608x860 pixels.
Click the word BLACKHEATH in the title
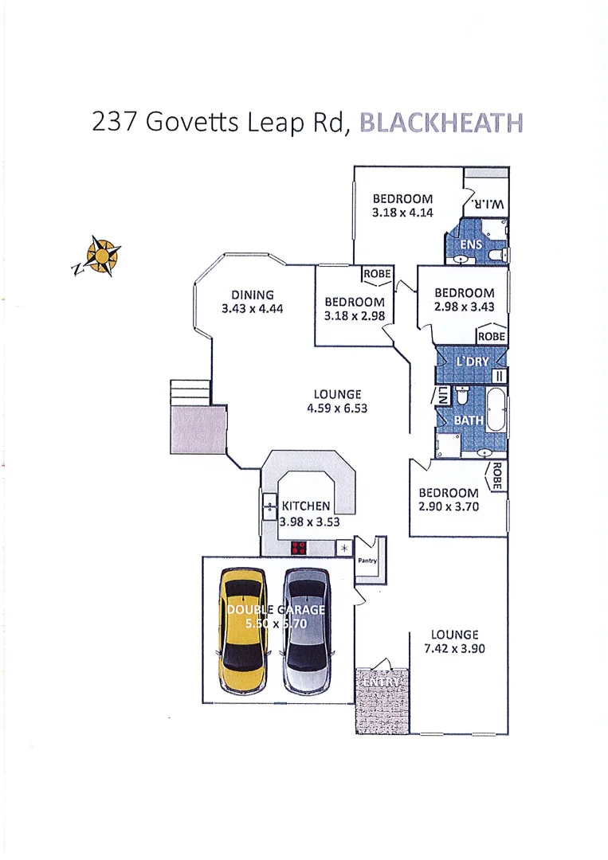441,124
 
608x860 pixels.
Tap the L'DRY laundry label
473,362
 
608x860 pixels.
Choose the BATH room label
469,420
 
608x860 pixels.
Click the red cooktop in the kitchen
299,548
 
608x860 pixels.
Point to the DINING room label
253,295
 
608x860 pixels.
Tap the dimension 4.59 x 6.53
337,408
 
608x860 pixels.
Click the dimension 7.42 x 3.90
454,649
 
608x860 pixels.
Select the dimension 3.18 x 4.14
402,213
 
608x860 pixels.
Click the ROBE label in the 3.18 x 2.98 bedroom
377,274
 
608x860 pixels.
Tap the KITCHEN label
305,506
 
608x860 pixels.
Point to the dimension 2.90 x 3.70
449,506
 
